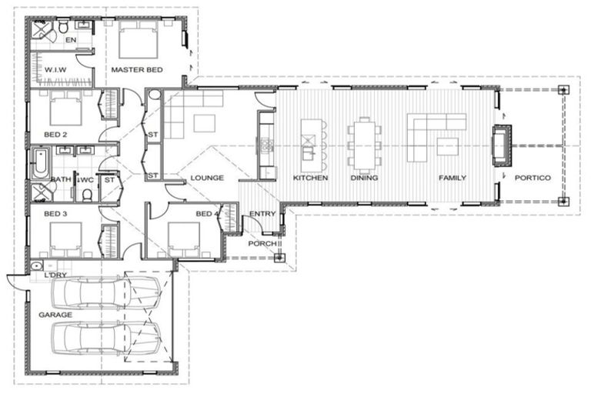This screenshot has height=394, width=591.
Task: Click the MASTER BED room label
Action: pos(137,70)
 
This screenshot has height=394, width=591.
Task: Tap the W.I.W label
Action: pos(55,70)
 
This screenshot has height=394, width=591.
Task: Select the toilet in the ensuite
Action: pos(64,26)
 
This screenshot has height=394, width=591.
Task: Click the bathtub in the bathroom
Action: pos(40,163)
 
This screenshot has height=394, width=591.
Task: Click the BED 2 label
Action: pos(55,135)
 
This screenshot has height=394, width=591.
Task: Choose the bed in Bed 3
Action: pos(65,240)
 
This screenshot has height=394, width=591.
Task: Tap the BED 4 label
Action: pos(207,214)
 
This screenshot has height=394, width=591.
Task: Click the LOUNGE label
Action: pos(207,178)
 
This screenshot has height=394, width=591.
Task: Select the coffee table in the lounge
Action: pos(205,124)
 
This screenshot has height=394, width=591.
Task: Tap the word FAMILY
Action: pos(452,178)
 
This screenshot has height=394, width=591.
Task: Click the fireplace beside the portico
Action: pos(502,145)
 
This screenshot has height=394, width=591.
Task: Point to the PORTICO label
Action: pos(533,178)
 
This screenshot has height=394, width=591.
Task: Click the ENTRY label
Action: pos(262,214)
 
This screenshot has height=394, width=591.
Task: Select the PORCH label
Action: pos(262,244)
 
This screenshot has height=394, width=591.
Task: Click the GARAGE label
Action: pos(55,315)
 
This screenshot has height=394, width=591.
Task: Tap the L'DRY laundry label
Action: pos(55,275)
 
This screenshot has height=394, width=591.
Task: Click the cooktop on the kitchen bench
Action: pos(267,145)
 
